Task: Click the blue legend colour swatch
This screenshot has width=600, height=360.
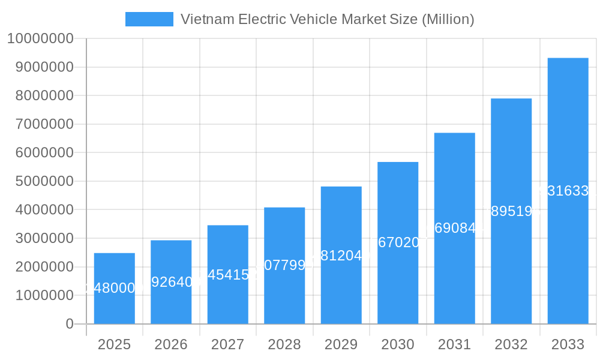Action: tap(149, 19)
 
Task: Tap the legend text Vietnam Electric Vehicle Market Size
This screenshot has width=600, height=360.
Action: tap(327, 19)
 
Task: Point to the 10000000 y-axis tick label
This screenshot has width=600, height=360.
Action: tap(40, 39)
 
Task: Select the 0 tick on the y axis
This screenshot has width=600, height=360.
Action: tap(70, 324)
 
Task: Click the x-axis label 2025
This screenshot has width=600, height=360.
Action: tap(114, 344)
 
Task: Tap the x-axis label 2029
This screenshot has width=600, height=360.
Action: tap(341, 344)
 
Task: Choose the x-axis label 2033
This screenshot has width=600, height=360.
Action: tap(568, 344)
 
